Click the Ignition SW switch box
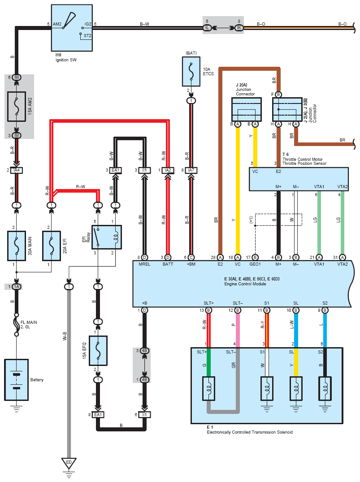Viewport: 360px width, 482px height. click(72, 28)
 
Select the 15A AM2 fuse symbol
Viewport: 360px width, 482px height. click(17, 106)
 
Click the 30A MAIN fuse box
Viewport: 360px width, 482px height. click(17, 245)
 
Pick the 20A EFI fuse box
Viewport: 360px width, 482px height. click(51, 245)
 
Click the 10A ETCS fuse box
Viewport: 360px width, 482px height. click(191, 71)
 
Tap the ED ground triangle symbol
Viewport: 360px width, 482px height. click(69, 462)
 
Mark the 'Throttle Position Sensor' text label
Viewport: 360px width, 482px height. click(304, 164)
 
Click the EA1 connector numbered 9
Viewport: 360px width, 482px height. click(98, 414)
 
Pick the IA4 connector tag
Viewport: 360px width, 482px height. click(17, 170)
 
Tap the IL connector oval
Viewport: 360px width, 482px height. click(207, 28)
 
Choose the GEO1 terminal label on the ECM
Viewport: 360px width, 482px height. click(255, 264)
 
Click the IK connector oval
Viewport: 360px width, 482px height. click(239, 28)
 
